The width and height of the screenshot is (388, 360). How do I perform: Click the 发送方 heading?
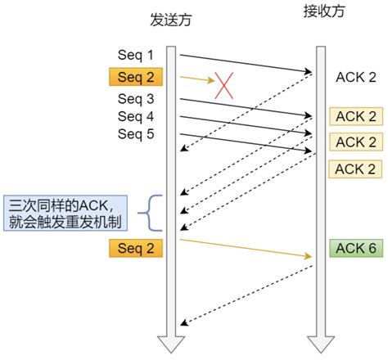tap(172, 19)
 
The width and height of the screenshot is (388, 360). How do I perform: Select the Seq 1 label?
tap(136, 55)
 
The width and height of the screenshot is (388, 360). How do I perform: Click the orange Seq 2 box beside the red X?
tap(136, 78)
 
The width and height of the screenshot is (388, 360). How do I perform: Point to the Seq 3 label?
tap(136, 100)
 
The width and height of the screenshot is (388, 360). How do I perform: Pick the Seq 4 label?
tap(136, 117)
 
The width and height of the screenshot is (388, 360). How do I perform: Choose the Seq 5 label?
tap(136, 134)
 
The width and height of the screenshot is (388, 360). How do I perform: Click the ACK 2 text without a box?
tap(356, 77)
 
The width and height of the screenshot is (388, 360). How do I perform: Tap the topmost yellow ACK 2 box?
tap(356, 115)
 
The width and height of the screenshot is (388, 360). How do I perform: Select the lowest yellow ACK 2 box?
tap(356, 169)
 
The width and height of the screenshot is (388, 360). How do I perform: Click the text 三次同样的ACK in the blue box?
tap(65, 205)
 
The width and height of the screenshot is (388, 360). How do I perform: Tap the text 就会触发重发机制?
tap(65, 221)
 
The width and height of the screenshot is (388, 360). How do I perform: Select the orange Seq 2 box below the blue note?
tap(136, 246)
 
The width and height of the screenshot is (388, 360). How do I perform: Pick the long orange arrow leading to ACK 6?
tap(246, 249)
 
